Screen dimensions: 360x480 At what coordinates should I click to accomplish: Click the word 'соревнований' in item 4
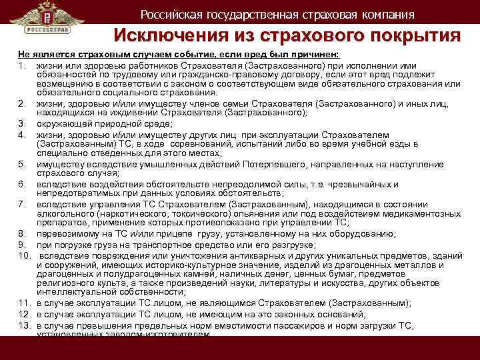185,144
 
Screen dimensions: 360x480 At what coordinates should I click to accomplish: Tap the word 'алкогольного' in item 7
67,213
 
